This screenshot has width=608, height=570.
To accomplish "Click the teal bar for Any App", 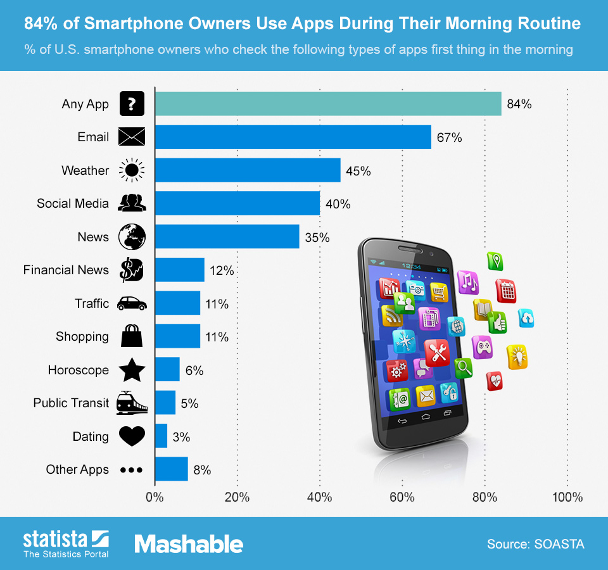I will pyautogui.click(x=328, y=104).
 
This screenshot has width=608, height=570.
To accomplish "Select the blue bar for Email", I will pyautogui.click(x=293, y=137).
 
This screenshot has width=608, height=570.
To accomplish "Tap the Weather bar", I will pyautogui.click(x=248, y=170).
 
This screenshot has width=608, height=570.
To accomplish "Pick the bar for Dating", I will pyautogui.click(x=161, y=436).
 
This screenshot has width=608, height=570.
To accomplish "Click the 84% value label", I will pyautogui.click(x=519, y=104).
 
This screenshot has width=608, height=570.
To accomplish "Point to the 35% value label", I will pyautogui.click(x=317, y=237).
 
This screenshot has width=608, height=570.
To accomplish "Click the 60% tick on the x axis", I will pyautogui.click(x=402, y=497).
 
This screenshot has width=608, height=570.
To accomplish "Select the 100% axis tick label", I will pyautogui.click(x=567, y=497).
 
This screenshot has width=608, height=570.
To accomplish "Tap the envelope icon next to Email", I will pyautogui.click(x=132, y=137).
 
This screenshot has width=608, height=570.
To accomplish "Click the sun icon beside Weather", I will pyautogui.click(x=132, y=170).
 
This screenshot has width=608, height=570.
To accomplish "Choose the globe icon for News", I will pyautogui.click(x=132, y=237).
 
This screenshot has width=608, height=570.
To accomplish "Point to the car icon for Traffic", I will pyautogui.click(x=132, y=303).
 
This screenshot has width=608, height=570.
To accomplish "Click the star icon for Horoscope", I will pyautogui.click(x=132, y=370).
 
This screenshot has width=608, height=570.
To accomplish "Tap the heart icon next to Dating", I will pyautogui.click(x=132, y=436).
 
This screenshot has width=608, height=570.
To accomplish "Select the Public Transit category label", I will pyautogui.click(x=71, y=403).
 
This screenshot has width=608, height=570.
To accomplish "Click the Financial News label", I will pyautogui.click(x=66, y=270).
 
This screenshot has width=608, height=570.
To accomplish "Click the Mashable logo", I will pyautogui.click(x=188, y=544).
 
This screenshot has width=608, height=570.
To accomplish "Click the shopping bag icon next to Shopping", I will pyautogui.click(x=132, y=336).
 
